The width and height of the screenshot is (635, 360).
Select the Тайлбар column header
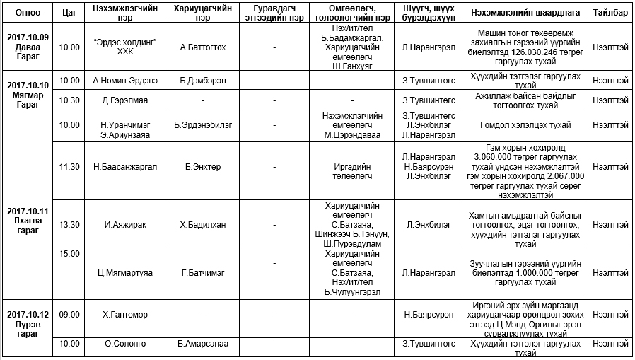click(610, 13)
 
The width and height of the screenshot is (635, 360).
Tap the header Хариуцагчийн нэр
click(203, 13)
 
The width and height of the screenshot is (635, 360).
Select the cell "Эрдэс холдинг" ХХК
click(124, 47)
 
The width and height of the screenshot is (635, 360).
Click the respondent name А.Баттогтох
click(203, 47)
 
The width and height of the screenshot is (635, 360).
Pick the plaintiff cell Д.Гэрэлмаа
click(124, 100)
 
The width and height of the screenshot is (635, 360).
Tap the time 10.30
click(69, 100)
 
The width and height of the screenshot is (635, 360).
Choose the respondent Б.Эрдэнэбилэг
click(203, 126)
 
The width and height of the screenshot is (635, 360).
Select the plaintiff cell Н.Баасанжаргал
click(124, 167)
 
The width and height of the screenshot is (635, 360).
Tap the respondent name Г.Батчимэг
click(203, 272)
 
